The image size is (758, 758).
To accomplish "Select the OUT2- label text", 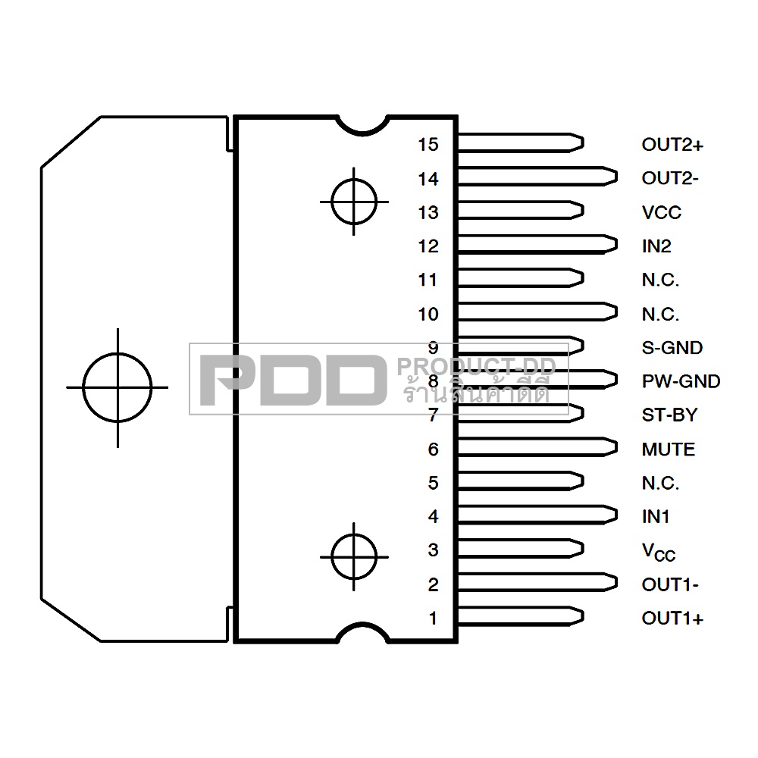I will (x=669, y=179).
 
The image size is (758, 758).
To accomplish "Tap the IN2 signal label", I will (x=656, y=246).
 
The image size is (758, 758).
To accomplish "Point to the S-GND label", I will (x=672, y=348).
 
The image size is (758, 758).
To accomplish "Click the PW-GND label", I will (x=680, y=381).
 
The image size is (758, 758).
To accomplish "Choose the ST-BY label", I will (x=669, y=415).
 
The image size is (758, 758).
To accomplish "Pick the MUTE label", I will (x=668, y=449).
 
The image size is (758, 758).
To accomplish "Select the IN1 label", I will (x=656, y=517).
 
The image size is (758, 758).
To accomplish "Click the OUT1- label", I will (x=669, y=584).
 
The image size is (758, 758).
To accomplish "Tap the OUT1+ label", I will (x=672, y=619).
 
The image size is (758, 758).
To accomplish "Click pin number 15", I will (x=428, y=144).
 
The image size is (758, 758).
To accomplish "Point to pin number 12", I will (x=428, y=246).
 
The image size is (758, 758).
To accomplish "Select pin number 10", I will (x=428, y=314).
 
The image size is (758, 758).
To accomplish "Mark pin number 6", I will (x=433, y=449).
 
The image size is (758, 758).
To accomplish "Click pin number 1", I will (x=434, y=619).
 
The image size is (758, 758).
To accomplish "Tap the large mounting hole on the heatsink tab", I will (x=117, y=387).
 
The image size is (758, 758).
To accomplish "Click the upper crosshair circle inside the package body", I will (x=353, y=202).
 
